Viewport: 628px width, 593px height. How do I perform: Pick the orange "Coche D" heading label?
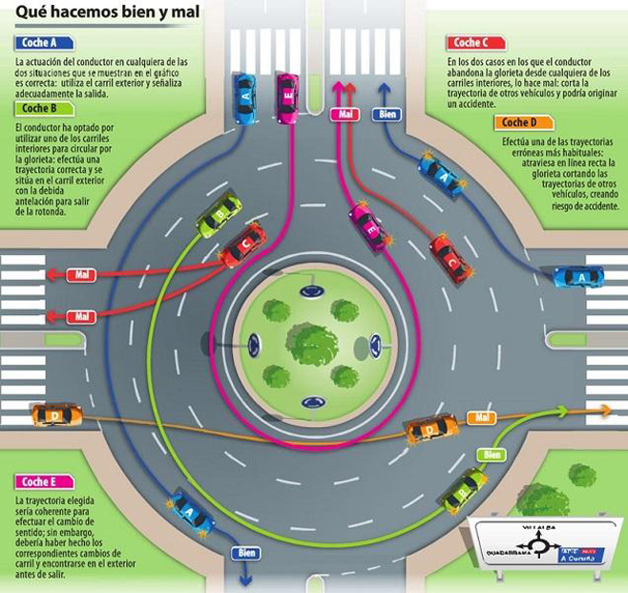[x=522, y=122]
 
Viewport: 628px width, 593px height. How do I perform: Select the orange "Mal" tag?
[x=481, y=418]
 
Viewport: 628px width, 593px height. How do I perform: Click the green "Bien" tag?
[x=492, y=455]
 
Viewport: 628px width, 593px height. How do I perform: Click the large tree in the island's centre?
[x=311, y=341]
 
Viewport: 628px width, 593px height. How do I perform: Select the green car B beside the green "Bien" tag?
[x=465, y=489]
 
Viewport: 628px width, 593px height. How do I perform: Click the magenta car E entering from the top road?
[x=286, y=93]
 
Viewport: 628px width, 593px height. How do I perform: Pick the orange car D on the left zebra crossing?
[x=56, y=415]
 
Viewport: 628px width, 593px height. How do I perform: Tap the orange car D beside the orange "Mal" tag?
[x=432, y=430]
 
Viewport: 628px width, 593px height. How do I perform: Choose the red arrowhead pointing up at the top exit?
[x=349, y=89]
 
